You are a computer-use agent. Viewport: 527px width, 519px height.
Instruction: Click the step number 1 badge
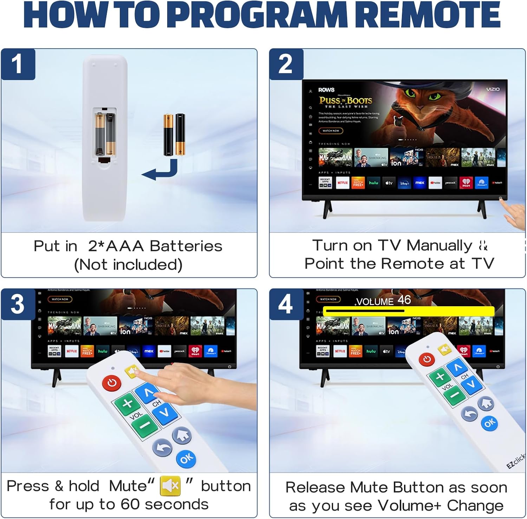[x=17, y=65]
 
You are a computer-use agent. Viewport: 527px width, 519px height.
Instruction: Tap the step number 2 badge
[x=286, y=65]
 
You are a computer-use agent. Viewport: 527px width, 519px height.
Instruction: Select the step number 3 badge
[x=18, y=304]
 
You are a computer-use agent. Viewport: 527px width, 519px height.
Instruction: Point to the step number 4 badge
[x=286, y=304]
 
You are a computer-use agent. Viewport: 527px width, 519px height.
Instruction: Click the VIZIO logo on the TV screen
[x=493, y=89]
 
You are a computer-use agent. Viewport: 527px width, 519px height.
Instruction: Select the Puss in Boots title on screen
[x=345, y=101]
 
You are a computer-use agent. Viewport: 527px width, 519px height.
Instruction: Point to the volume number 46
[x=404, y=300]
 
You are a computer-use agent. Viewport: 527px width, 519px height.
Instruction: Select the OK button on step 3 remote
[x=186, y=458]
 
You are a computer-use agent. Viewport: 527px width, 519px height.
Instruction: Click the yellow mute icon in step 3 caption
[x=170, y=486]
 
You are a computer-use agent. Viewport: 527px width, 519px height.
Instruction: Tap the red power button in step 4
[x=427, y=359]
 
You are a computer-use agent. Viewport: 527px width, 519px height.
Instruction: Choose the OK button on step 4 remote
[x=490, y=423]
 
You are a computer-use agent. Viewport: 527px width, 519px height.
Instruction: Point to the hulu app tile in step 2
[x=373, y=183]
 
